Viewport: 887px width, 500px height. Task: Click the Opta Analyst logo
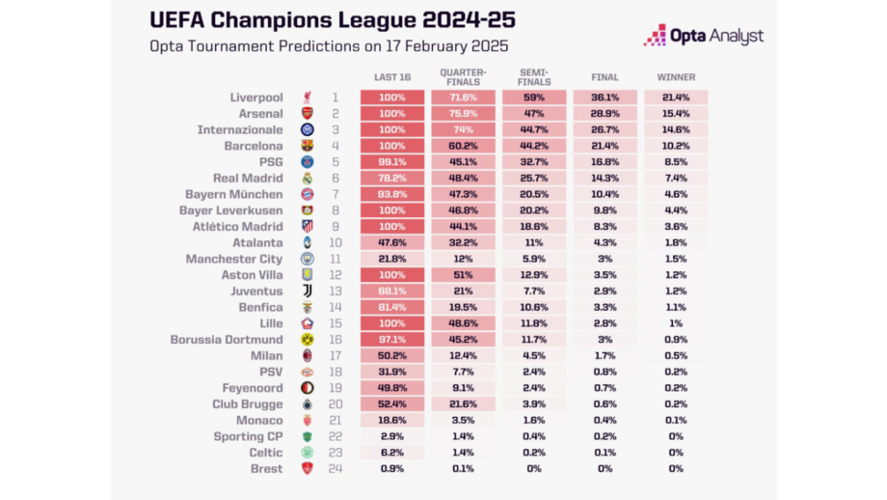pyautogui.click(x=703, y=36)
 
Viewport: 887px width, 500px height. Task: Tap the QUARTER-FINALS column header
pyautogui.click(x=463, y=77)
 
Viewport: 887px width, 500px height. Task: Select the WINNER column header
pyautogui.click(x=676, y=77)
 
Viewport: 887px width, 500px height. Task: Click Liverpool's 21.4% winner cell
pyautogui.click(x=676, y=97)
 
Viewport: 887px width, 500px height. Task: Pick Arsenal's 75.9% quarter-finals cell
pyautogui.click(x=463, y=114)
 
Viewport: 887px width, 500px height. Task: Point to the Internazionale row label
pyautogui.click(x=240, y=129)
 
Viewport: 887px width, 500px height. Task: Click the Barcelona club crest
pyautogui.click(x=307, y=146)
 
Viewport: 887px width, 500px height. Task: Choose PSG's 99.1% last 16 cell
pyautogui.click(x=392, y=162)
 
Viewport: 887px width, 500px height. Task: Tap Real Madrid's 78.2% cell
pyautogui.click(x=392, y=179)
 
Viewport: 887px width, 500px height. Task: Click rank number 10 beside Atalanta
pyautogui.click(x=336, y=243)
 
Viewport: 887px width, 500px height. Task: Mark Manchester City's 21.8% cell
pyautogui.click(x=392, y=259)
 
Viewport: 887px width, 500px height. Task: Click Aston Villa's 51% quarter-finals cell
pyautogui.click(x=463, y=275)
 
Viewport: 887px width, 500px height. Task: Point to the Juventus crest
pyautogui.click(x=307, y=292)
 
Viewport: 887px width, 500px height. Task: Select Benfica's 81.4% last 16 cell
pyautogui.click(x=392, y=307)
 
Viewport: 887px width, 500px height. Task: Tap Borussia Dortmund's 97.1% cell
pyautogui.click(x=392, y=340)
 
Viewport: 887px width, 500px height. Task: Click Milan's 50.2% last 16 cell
pyautogui.click(x=392, y=355)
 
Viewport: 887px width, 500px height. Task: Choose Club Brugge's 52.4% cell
pyautogui.click(x=392, y=404)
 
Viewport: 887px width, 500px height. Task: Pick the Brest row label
pyautogui.click(x=266, y=469)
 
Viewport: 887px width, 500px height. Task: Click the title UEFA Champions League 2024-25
pyautogui.click(x=333, y=20)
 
